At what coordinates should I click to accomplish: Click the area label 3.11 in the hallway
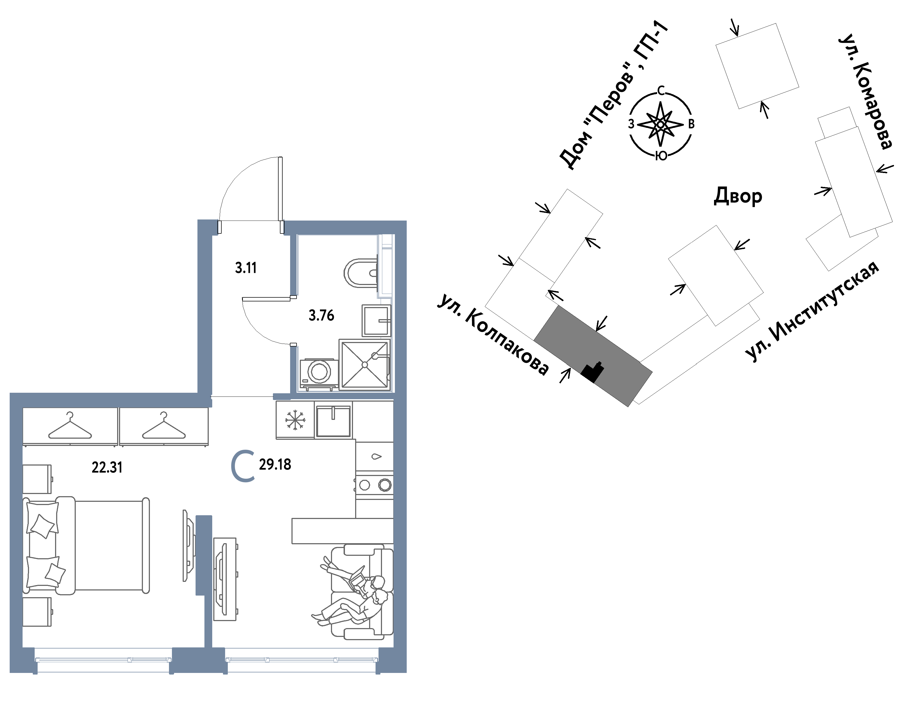[246, 268]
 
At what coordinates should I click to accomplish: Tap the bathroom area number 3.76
[321, 315]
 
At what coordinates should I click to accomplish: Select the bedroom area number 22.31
[107, 468]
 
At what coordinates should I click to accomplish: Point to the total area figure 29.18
[275, 464]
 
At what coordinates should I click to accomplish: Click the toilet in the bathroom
[361, 273]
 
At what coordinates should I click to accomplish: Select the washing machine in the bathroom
[319, 374]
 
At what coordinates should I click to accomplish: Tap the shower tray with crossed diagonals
[365, 365]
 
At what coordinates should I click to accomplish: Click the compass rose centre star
[660, 124]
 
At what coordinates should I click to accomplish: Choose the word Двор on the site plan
[738, 196]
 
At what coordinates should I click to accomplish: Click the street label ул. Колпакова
[493, 335]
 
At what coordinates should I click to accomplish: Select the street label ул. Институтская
[812, 312]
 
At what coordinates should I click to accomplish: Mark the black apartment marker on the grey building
[593, 373]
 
